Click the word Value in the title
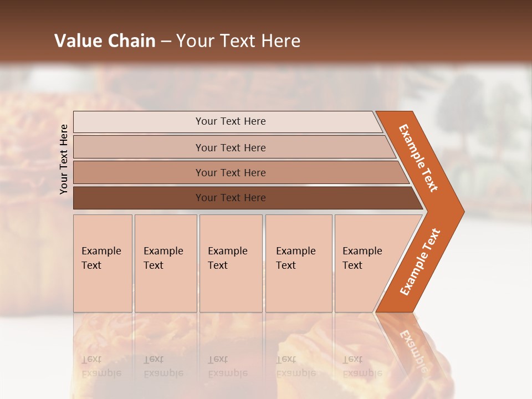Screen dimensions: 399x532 pyautogui.click(x=77, y=41)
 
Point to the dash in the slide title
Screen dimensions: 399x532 pyautogui.click(x=166, y=42)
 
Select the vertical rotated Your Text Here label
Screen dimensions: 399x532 pyautogui.click(x=64, y=159)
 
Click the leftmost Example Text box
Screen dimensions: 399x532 pyautogui.click(x=103, y=263)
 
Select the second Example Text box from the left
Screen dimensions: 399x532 pyautogui.click(x=166, y=263)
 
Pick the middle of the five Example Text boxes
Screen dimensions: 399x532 pyautogui.click(x=231, y=263)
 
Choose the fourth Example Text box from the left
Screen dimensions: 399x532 pyautogui.click(x=299, y=263)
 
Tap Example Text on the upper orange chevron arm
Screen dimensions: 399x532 pyautogui.click(x=418, y=158)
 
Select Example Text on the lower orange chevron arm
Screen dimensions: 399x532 pyautogui.click(x=420, y=262)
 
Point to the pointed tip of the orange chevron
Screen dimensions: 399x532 pyautogui.click(x=463, y=212)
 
